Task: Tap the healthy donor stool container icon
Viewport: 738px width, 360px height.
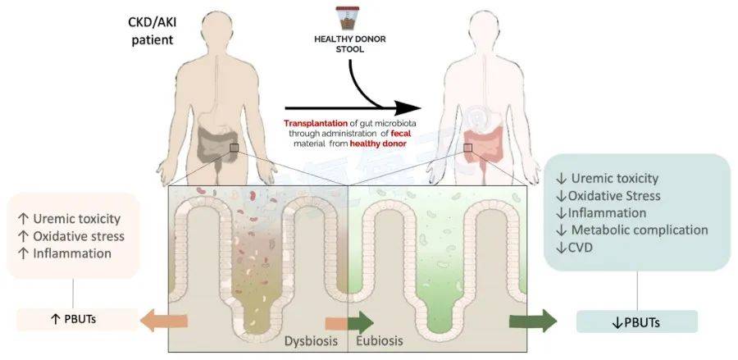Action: pyautogui.click(x=348, y=18)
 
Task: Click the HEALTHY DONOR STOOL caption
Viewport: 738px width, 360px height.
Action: pyautogui.click(x=349, y=43)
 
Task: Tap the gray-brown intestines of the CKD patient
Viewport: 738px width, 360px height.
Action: pyautogui.click(x=217, y=144)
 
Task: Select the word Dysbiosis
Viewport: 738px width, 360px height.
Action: pyautogui.click(x=311, y=340)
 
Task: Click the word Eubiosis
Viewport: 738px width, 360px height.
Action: pyautogui.click(x=379, y=340)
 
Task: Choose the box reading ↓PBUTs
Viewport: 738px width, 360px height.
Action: pyautogui.click(x=636, y=322)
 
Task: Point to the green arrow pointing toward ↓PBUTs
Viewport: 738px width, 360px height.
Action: pyautogui.click(x=533, y=321)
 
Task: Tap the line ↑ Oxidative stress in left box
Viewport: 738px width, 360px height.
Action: pyautogui.click(x=71, y=236)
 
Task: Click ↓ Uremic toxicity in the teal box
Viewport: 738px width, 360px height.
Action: pyautogui.click(x=607, y=179)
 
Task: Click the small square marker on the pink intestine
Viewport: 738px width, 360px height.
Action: pyautogui.click(x=468, y=148)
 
